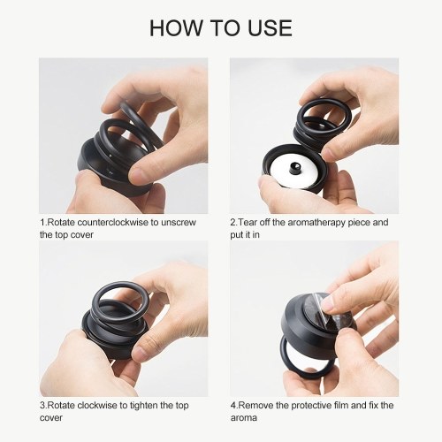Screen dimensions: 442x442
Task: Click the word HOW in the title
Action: click(175, 28)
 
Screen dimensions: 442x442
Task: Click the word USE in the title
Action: click(270, 28)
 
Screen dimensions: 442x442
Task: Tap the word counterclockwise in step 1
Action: click(112, 222)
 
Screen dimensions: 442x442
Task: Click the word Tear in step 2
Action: click(248, 222)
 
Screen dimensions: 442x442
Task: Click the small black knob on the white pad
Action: click(294, 169)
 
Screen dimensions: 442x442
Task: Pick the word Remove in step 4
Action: click(255, 405)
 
